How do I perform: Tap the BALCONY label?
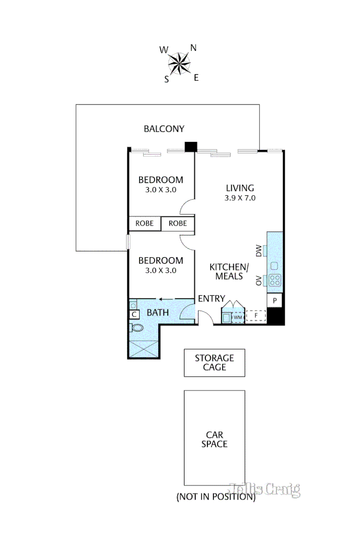[164, 129]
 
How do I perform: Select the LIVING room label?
[240, 188]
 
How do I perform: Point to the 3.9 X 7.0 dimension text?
[240, 198]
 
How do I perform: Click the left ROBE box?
[144, 223]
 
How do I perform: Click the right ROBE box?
[177, 223]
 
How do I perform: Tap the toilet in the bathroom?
[136, 328]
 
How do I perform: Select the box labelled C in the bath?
[134, 315]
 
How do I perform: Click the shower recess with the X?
[144, 349]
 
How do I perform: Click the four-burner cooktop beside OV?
[275, 280]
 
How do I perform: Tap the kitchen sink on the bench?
[275, 266]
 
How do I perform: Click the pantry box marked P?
[275, 300]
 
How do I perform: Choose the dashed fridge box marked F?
[256, 316]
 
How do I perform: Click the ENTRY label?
[211, 299]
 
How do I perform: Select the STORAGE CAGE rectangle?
[214, 363]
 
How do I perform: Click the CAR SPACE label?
[214, 439]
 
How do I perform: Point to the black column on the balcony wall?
[190, 146]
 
